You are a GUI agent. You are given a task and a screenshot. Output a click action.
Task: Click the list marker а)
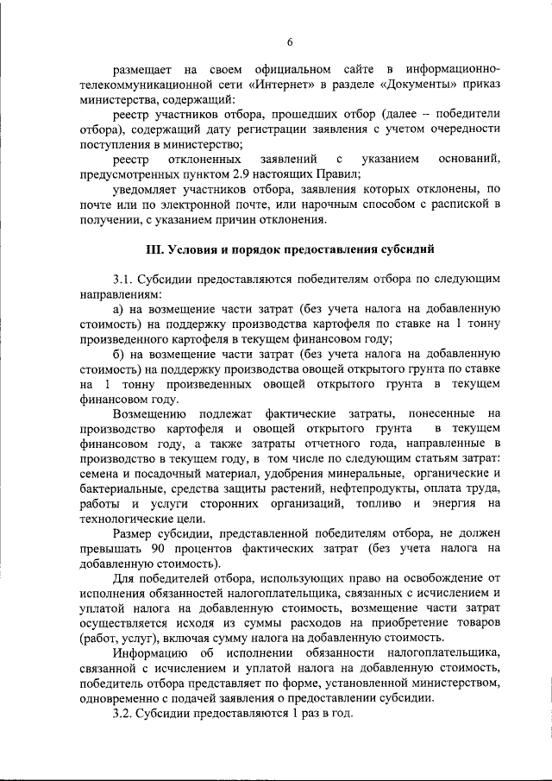[119, 309]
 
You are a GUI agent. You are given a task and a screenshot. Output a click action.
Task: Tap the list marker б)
[119, 354]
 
